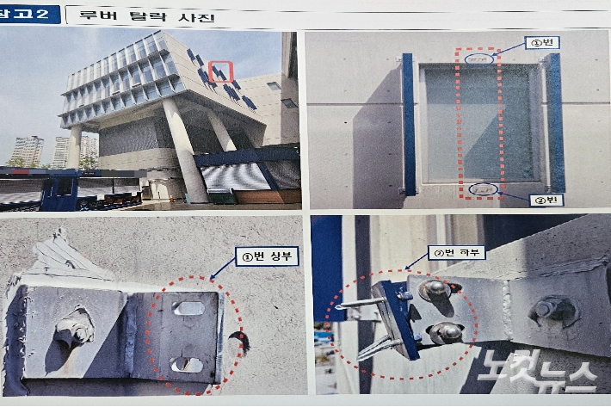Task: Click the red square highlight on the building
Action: tap(220, 72)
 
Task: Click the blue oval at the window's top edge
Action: tap(480, 59)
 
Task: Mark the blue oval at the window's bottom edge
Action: tap(484, 188)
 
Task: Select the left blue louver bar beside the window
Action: tap(408, 124)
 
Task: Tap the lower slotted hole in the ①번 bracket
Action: tap(186, 364)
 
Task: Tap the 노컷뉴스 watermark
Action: tap(540, 373)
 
